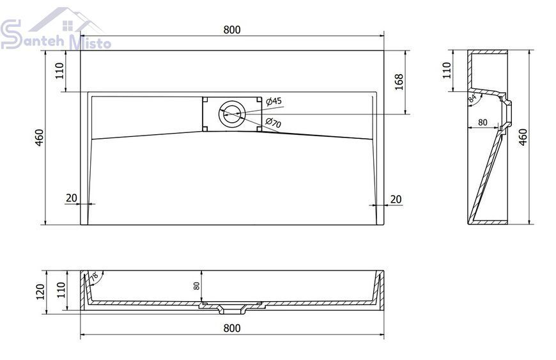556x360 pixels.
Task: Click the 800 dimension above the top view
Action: [232, 30]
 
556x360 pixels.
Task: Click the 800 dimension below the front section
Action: [232, 328]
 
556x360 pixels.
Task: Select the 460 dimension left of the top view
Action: [39, 137]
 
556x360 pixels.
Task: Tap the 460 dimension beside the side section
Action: [523, 137]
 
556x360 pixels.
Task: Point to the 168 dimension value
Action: [399, 82]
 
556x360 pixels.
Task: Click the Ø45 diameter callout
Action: [274, 102]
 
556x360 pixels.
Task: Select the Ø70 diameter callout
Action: [274, 122]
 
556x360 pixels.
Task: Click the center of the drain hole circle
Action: [232, 114]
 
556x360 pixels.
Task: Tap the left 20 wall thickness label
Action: [72, 198]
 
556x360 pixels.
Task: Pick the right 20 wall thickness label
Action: [396, 199]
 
